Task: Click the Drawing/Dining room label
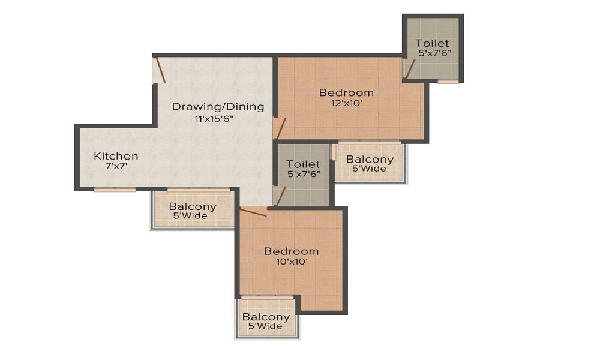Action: click(x=218, y=106)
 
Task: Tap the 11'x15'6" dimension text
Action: click(x=214, y=119)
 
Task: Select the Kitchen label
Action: click(x=116, y=156)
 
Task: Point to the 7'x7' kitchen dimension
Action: click(x=116, y=166)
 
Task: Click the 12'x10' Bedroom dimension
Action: click(x=347, y=103)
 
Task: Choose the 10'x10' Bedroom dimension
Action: click(x=292, y=262)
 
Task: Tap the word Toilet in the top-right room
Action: click(x=432, y=43)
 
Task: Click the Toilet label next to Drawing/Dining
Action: click(x=303, y=164)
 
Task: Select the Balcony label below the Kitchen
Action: click(x=193, y=206)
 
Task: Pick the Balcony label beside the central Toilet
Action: click(x=370, y=159)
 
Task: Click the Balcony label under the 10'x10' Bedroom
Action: click(x=266, y=317)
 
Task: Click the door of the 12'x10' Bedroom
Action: click(x=281, y=128)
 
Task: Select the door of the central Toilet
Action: click(x=280, y=197)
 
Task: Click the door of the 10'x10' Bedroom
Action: click(x=253, y=212)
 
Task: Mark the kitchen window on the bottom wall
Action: click(x=115, y=190)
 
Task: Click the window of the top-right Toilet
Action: click(x=448, y=82)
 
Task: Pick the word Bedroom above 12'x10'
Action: click(x=346, y=92)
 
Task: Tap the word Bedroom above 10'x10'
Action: click(x=292, y=251)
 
